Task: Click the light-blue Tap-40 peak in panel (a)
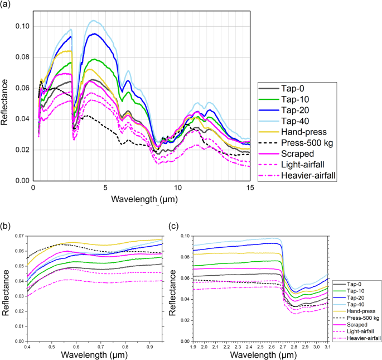coord(94,21)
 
